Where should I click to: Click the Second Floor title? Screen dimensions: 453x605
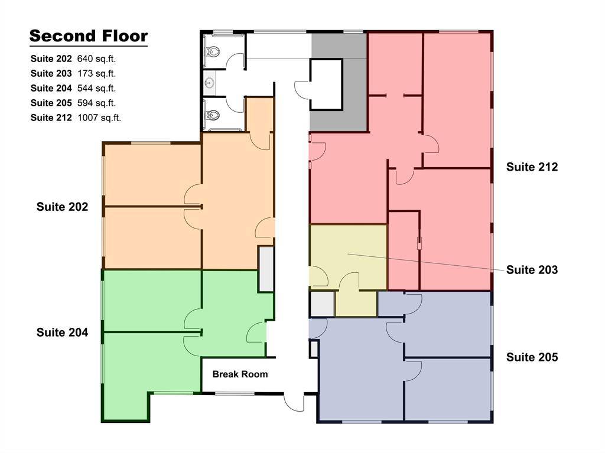click(88, 36)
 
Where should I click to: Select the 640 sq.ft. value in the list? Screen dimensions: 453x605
click(96, 59)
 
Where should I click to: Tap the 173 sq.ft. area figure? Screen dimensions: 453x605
click(96, 74)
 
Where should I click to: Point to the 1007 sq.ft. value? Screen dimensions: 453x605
click(99, 118)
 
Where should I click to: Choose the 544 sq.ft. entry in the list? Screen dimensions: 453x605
click(96, 89)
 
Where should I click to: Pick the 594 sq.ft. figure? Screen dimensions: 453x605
click(96, 103)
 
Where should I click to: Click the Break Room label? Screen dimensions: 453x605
click(240, 374)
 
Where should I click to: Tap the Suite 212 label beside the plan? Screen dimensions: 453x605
click(532, 167)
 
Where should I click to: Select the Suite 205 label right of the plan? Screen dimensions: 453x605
click(532, 357)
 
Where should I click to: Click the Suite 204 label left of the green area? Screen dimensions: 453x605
click(62, 333)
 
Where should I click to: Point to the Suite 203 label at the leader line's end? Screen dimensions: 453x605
click(532, 270)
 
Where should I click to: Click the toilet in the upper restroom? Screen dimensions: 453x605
click(212, 52)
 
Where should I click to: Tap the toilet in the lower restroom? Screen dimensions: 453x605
click(212, 113)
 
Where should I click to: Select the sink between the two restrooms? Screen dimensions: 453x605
click(209, 83)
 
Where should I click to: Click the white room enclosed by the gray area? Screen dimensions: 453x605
click(326, 84)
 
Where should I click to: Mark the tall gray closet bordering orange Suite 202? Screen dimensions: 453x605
click(266, 269)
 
